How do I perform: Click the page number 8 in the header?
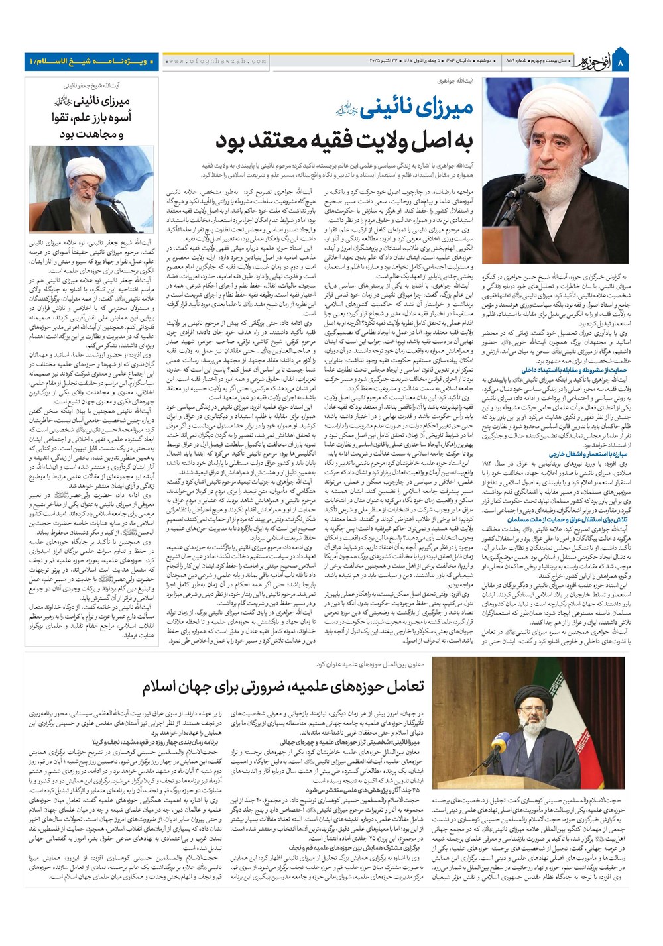point(621,63)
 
